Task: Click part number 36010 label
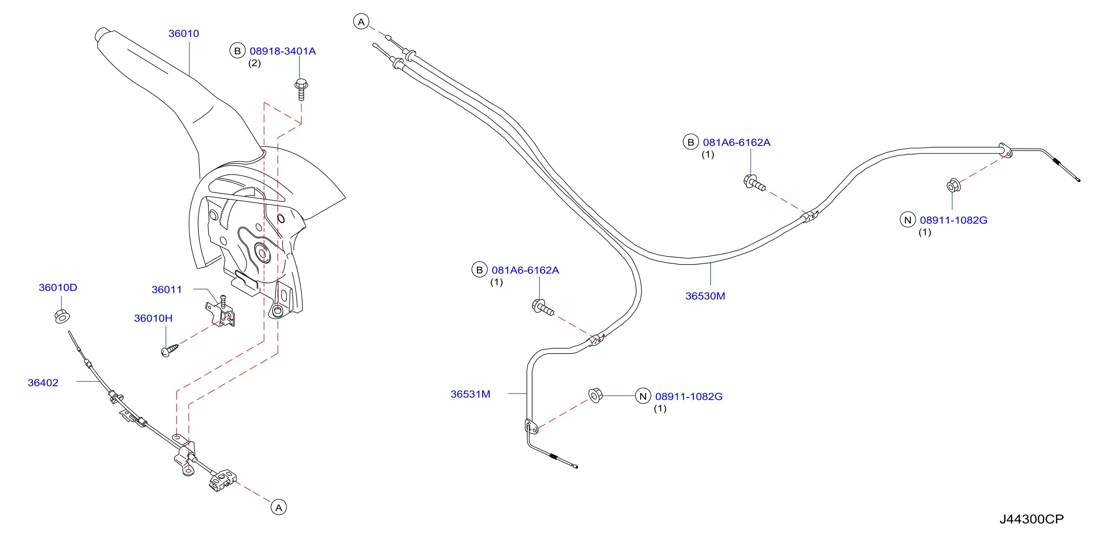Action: tap(184, 34)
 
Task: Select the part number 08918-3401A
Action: tap(282, 51)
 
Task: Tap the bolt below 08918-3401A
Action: tap(301, 89)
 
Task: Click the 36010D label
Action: tap(58, 287)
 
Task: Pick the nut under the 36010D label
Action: tap(62, 316)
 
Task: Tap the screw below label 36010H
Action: tap(170, 350)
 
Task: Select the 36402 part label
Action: tap(43, 382)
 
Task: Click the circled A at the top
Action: tap(361, 21)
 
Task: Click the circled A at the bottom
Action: tap(279, 508)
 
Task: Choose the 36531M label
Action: tap(470, 394)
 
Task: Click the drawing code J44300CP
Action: tap(1031, 519)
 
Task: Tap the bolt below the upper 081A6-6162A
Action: tap(754, 182)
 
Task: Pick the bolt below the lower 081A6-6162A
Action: tap(543, 307)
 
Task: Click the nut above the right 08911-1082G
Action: tap(953, 186)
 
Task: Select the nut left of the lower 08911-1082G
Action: tap(595, 395)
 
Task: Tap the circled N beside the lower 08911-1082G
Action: tap(643, 396)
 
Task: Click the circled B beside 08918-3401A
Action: tap(238, 51)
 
